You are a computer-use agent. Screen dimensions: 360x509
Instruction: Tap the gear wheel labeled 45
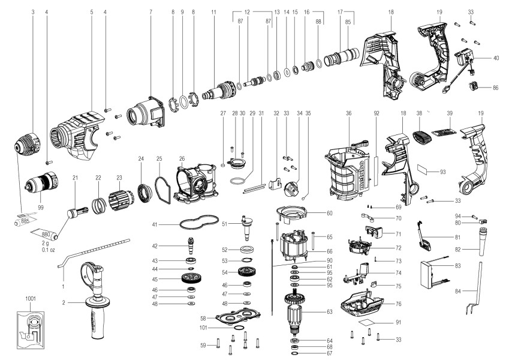coord(190,279)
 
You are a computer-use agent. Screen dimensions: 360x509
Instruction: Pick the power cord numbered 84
coord(474,294)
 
